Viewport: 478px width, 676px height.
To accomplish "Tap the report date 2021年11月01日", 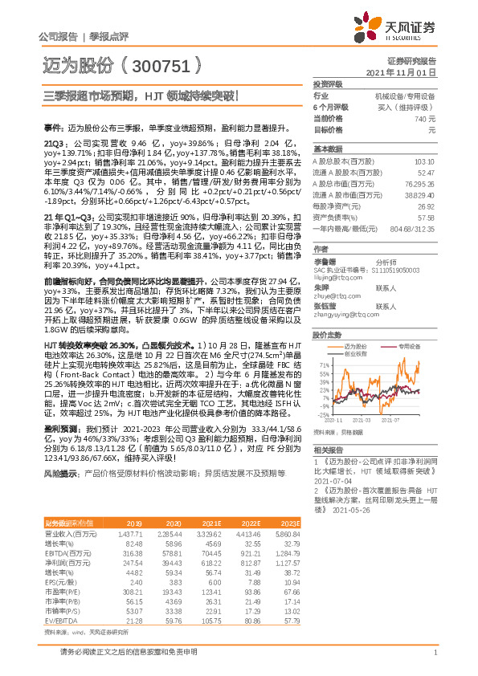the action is coord(407,72).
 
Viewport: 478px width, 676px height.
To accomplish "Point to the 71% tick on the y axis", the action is coord(322,364).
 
